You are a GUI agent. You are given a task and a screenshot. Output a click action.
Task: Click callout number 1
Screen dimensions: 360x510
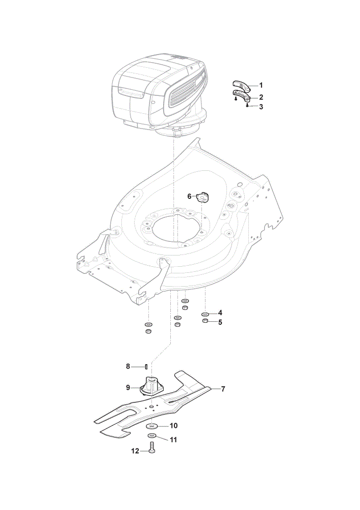(x=261, y=85)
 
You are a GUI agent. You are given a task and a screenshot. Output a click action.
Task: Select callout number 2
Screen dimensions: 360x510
(x=261, y=97)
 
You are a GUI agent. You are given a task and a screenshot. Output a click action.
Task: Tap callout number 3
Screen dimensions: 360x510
(x=261, y=107)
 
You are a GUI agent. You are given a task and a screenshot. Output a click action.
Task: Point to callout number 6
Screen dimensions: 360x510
(x=189, y=196)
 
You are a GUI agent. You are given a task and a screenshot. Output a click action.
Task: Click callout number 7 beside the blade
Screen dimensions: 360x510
(x=223, y=389)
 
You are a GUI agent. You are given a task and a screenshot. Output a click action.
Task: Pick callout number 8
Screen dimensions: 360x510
(x=128, y=367)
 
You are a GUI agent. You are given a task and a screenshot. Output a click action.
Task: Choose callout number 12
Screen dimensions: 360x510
(x=135, y=451)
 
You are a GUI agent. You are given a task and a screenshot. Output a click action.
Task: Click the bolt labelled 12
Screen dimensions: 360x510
(x=152, y=448)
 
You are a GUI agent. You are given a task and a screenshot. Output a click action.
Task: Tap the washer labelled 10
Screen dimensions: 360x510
(x=151, y=426)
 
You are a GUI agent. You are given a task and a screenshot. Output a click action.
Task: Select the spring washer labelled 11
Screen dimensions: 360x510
(x=152, y=436)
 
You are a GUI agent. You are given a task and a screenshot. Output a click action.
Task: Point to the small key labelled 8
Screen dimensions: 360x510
(x=146, y=367)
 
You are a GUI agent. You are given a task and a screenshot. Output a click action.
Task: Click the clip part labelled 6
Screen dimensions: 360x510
(x=202, y=197)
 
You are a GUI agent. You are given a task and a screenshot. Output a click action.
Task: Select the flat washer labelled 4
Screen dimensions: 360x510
(x=205, y=314)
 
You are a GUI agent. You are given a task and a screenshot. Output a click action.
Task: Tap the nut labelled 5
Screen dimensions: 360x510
(x=205, y=321)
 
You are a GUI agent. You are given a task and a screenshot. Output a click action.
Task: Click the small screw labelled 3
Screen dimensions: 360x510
(x=247, y=106)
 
